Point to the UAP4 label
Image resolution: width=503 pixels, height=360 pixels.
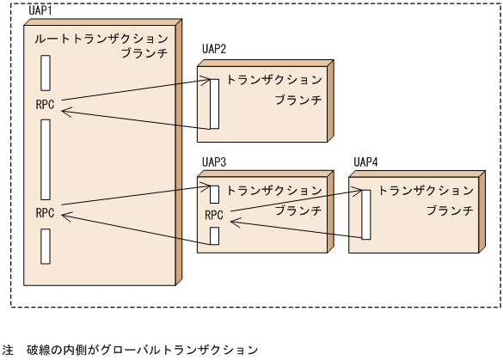pyautogui.click(x=368, y=162)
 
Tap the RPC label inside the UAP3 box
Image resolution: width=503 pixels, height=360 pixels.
pyautogui.click(x=215, y=215)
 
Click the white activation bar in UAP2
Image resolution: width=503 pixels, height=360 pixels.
pyautogui.click(x=214, y=102)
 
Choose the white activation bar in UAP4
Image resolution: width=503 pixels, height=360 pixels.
pyautogui.click(x=365, y=214)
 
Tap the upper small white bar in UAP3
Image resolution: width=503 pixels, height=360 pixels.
pyautogui.click(x=215, y=195)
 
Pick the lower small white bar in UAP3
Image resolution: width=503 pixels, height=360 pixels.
pyautogui.click(x=215, y=235)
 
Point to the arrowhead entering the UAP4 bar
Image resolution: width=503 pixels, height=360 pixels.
pyautogui.click(x=357, y=192)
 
